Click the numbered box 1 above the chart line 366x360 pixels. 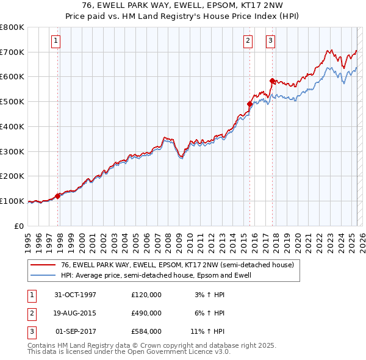tap(56, 41)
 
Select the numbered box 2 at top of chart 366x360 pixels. tap(248, 41)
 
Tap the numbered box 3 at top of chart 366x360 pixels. tap(270, 41)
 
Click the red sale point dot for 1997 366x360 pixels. tap(58, 196)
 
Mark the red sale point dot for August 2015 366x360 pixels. tap(249, 104)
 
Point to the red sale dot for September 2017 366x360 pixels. tap(271, 81)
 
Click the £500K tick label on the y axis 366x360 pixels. tap(12, 101)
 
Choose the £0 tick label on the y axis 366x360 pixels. tap(18, 226)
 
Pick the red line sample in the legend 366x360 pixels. tap(43, 265)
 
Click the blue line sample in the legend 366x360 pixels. tap(43, 275)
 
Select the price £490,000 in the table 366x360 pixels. tap(146, 313)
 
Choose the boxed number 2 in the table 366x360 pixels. tap(30, 313)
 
